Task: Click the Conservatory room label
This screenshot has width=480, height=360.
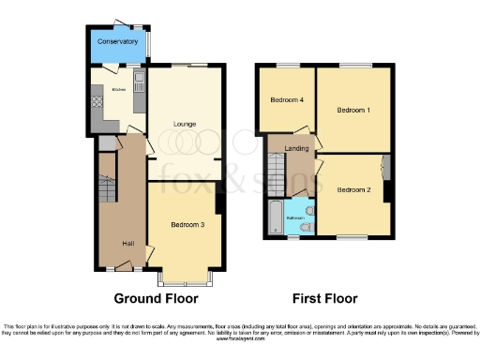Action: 117,42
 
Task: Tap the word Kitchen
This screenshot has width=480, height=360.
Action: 118,90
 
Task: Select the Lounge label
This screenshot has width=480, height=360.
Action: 184,124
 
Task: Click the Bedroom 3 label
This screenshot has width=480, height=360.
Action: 187,225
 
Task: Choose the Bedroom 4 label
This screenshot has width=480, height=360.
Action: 287,99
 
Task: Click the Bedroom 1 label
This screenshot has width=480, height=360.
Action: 354,111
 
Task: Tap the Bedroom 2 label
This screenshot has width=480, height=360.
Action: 353,189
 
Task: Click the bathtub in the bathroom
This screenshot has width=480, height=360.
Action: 275,217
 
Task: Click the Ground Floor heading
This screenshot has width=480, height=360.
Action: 156,299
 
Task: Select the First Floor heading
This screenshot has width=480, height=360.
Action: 324,299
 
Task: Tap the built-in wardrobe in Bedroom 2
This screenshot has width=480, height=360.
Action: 384,170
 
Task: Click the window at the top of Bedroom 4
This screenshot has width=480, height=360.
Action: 286,67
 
